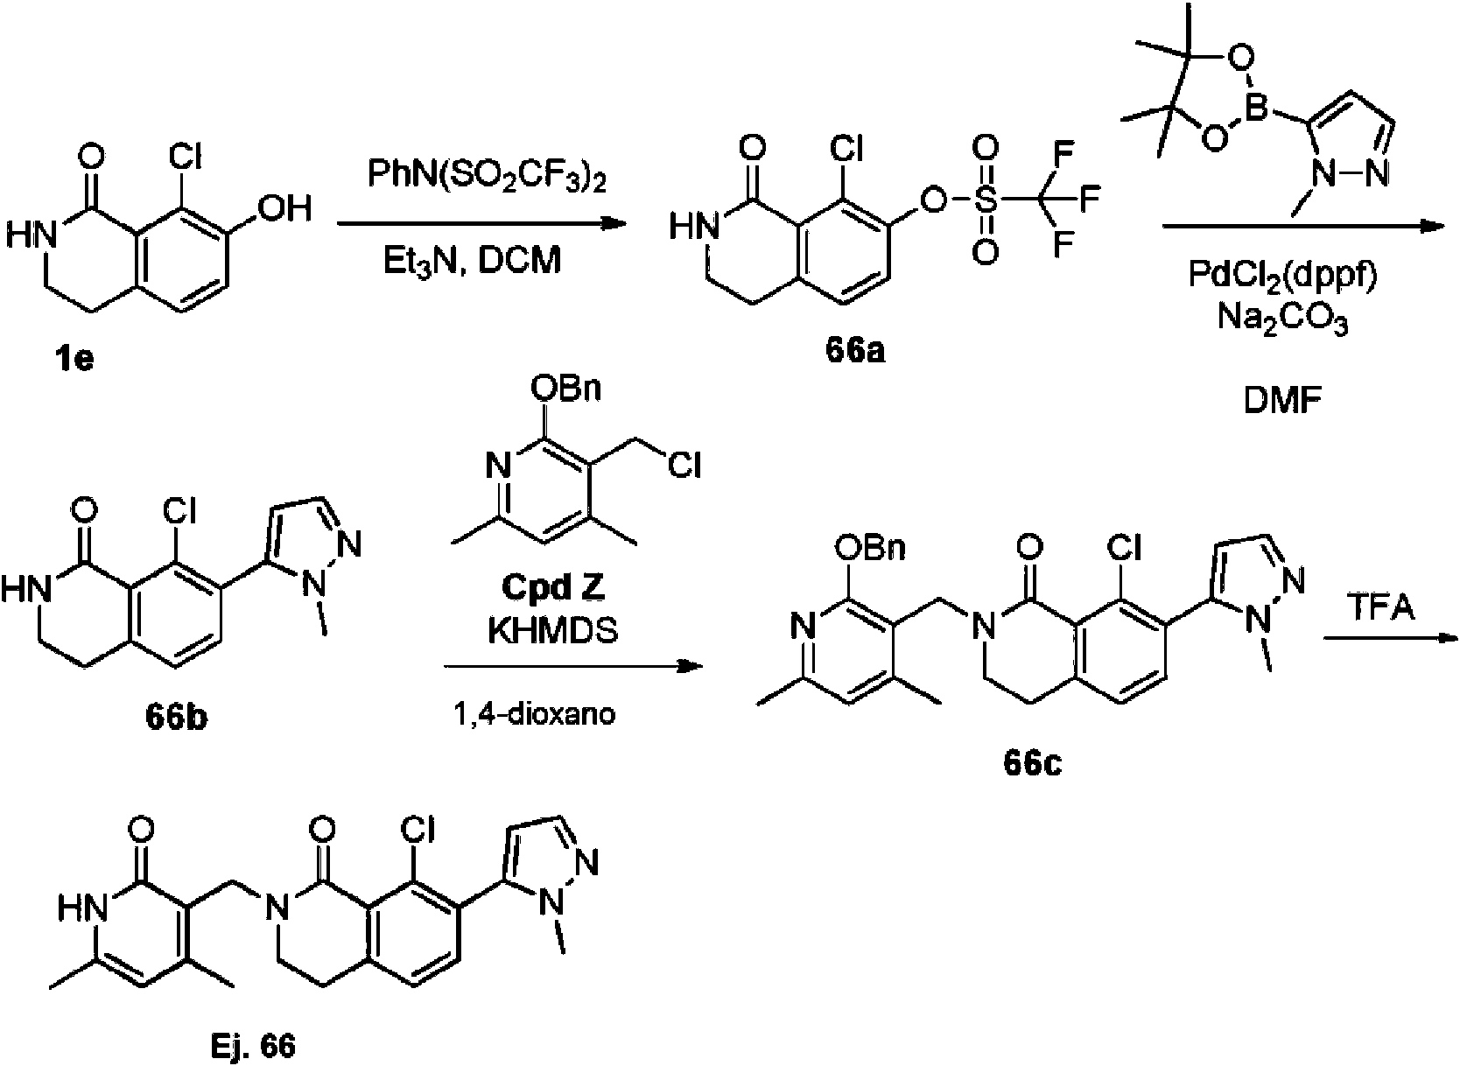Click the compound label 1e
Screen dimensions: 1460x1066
[x=75, y=358]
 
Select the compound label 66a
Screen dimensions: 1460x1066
[x=855, y=351]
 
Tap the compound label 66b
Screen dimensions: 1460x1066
[x=177, y=718]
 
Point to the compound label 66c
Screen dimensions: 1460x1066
[x=1033, y=764]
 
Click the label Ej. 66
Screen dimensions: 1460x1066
[x=253, y=1047]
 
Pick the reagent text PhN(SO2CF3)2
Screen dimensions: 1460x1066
[x=487, y=175]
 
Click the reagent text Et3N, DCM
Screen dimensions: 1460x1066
[x=472, y=262]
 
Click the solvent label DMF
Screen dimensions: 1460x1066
[x=1282, y=401]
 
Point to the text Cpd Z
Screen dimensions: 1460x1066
[x=553, y=587]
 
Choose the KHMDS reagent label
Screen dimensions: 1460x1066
[x=553, y=630]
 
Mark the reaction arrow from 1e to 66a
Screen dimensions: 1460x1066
[x=481, y=225]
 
